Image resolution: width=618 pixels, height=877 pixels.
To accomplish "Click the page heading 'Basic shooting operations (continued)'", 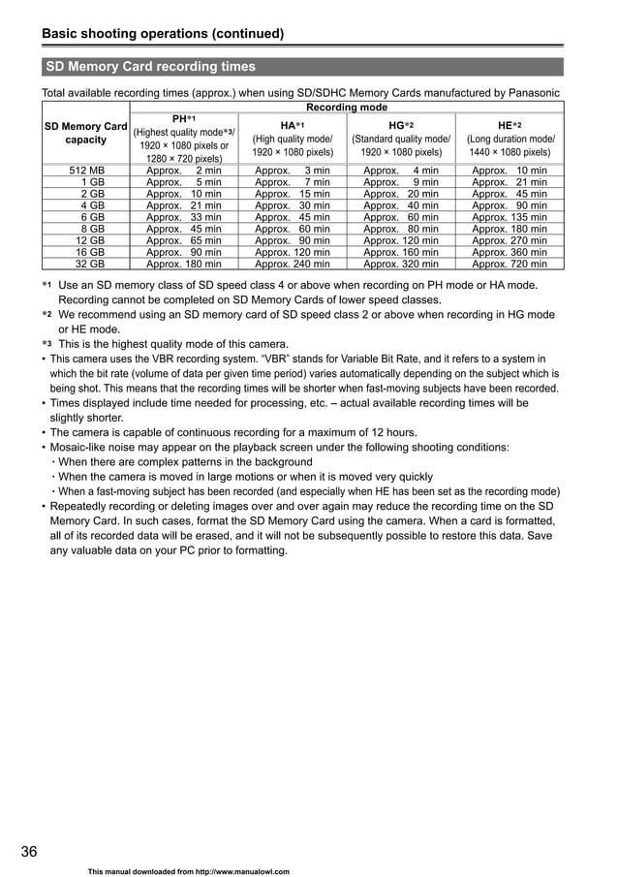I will (x=163, y=34).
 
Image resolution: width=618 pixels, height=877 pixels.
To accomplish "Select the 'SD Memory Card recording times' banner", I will (x=151, y=67).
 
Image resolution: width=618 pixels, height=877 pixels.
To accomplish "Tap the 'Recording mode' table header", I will (x=346, y=108).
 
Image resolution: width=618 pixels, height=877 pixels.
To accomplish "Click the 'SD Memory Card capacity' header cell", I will (x=86, y=133).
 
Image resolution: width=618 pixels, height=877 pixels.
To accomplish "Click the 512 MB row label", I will (x=86, y=171).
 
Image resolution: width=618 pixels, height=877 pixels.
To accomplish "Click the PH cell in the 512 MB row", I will (x=183, y=171).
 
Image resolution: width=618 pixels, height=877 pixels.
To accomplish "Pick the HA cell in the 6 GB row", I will (x=292, y=217).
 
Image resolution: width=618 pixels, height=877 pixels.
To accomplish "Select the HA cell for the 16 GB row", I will (x=292, y=252).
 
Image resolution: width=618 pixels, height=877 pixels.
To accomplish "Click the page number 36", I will (x=30, y=852).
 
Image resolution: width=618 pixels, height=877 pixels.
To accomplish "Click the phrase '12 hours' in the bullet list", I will (x=392, y=432).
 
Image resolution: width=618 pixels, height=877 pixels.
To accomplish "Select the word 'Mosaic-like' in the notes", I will (x=81, y=448).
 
